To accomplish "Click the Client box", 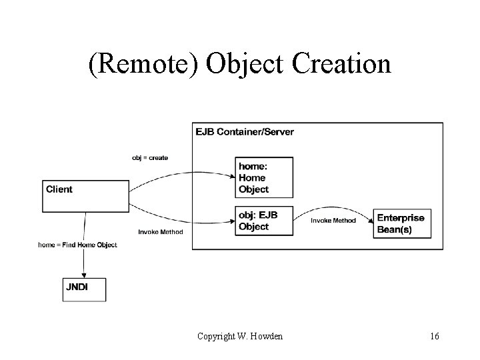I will point(85,195).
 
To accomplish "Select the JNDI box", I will point(84,289).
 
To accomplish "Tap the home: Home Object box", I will point(265,177).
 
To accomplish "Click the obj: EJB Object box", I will point(265,221).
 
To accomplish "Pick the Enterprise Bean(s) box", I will point(402,223).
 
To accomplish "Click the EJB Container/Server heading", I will point(245,131).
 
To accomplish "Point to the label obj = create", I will point(150,158).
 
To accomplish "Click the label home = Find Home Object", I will point(77,245).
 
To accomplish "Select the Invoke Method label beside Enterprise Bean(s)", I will point(333,221).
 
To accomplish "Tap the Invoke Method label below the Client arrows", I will point(161,232).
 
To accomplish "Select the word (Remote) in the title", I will point(143,64).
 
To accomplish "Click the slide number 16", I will point(435,336).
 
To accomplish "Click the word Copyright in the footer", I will point(216,336).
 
